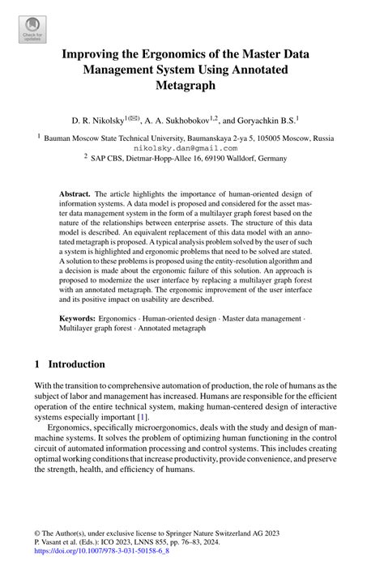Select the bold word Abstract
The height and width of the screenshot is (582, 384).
75,195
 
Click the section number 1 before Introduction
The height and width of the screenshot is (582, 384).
38,364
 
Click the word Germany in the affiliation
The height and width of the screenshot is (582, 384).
271,159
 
